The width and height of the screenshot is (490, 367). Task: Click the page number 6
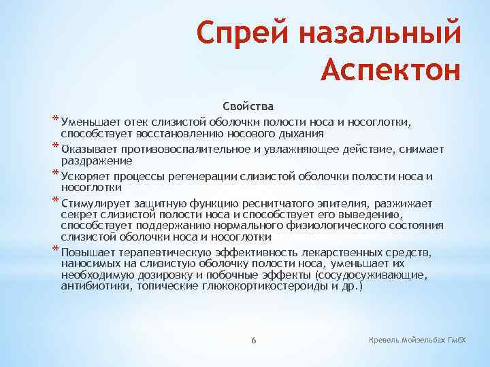(252, 339)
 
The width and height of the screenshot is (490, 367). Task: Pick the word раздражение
(97, 160)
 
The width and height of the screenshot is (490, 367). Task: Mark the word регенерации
(210, 177)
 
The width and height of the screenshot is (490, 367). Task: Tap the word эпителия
(313, 203)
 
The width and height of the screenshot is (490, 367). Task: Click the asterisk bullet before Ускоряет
(55, 174)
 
